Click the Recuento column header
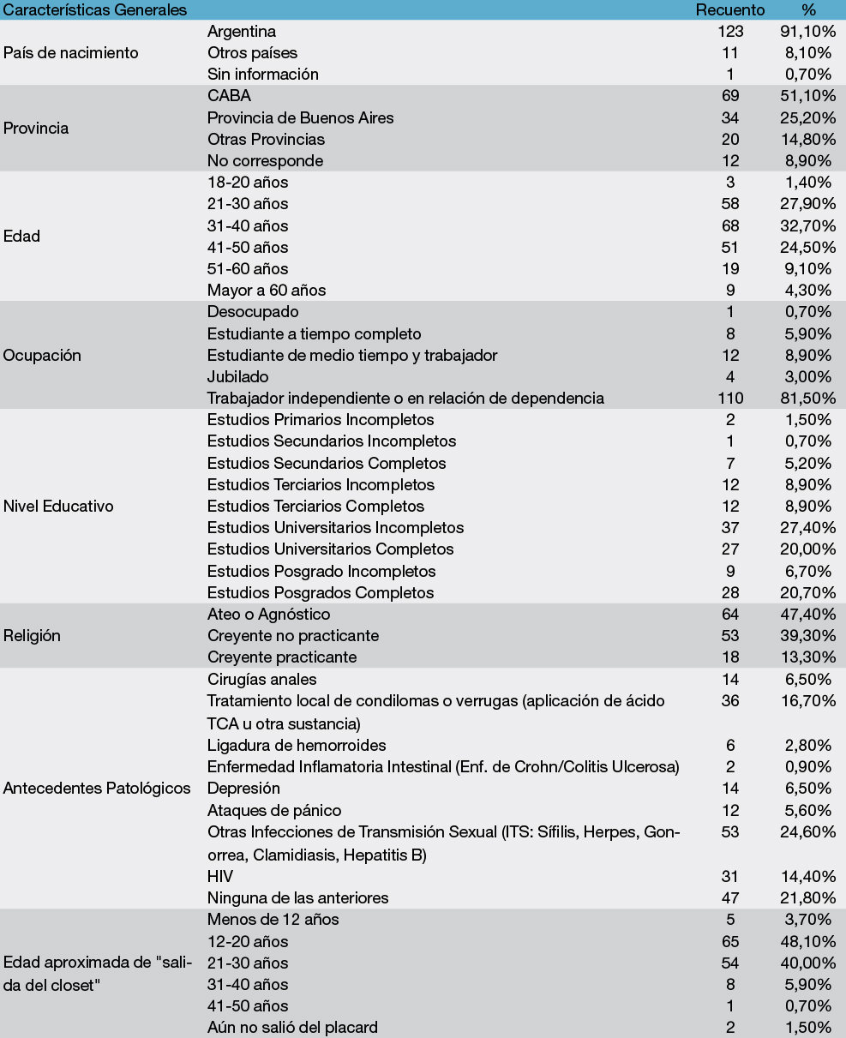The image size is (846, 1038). (x=729, y=9)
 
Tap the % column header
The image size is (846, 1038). (x=807, y=9)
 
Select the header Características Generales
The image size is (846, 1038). (x=95, y=9)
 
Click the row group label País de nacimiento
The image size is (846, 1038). (x=71, y=52)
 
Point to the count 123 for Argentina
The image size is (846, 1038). (x=728, y=31)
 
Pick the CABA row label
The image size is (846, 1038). (x=229, y=96)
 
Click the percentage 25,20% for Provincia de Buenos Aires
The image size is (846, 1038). (x=805, y=117)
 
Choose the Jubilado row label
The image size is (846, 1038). (x=237, y=376)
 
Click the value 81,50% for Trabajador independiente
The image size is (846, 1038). (x=805, y=399)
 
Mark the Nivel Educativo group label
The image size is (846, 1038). (x=59, y=506)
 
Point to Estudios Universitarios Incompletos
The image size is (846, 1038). (x=335, y=527)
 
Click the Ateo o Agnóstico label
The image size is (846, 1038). (x=268, y=614)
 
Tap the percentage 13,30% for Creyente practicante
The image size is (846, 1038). (x=805, y=657)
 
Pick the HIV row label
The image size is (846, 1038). (x=220, y=876)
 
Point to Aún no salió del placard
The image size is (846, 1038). (x=292, y=1027)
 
